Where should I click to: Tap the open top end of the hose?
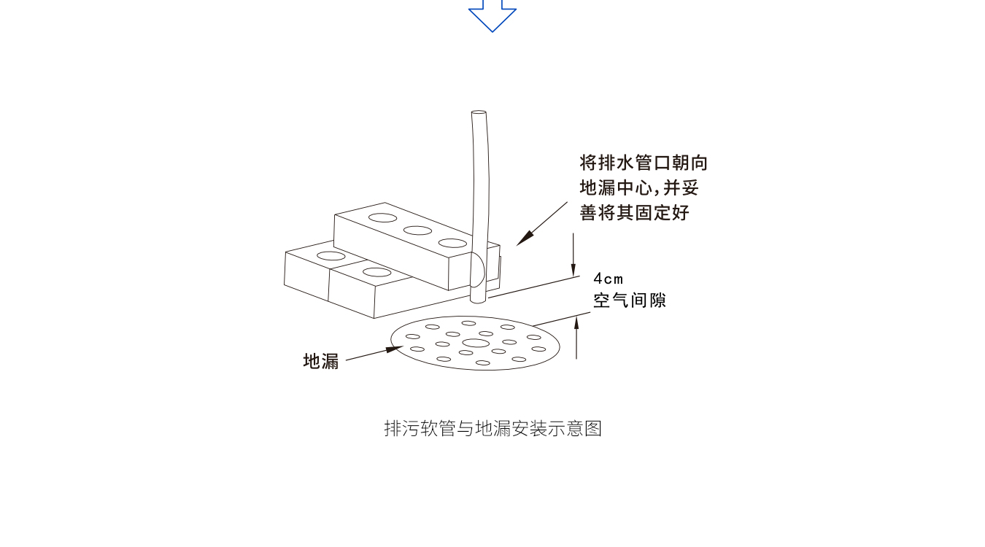tap(479, 113)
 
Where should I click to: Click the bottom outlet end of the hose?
tap(478, 300)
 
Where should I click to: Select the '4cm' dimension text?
tap(609, 279)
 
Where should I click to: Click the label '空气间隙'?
tap(630, 300)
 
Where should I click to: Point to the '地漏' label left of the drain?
tap(321, 361)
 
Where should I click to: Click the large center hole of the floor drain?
tap(476, 343)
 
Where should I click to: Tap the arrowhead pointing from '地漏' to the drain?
tap(394, 349)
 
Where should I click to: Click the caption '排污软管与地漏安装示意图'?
tap(493, 428)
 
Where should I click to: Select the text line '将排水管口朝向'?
tap(644, 163)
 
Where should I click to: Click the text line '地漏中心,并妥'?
tap(639, 187)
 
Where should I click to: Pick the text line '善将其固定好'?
tap(634, 213)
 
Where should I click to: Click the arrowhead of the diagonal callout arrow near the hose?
tap(525, 238)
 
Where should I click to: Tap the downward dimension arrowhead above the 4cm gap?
tap(573, 269)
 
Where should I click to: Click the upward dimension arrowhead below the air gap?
tap(576, 323)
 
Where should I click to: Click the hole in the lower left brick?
tap(331, 256)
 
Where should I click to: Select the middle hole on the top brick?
tap(417, 230)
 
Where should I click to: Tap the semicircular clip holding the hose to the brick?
tap(479, 270)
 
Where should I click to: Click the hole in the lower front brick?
tap(376, 272)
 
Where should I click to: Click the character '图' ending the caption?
tap(593, 428)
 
